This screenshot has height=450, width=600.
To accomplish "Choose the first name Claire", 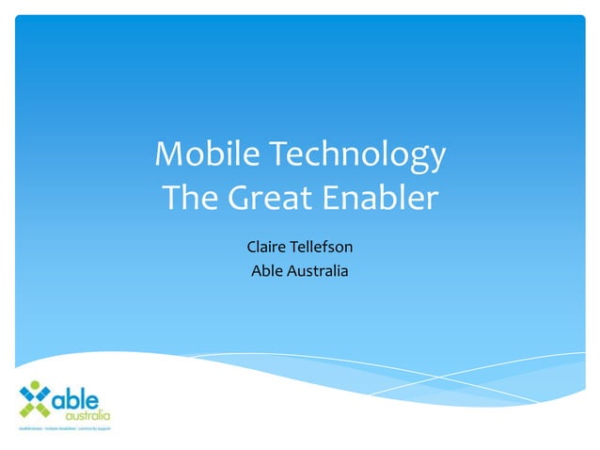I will (267, 249).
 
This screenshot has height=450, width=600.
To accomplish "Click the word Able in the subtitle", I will (265, 272).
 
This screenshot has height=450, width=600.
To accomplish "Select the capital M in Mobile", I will (167, 154).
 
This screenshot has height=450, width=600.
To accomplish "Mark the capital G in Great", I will (240, 199).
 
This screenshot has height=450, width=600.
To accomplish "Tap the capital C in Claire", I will (251, 249).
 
